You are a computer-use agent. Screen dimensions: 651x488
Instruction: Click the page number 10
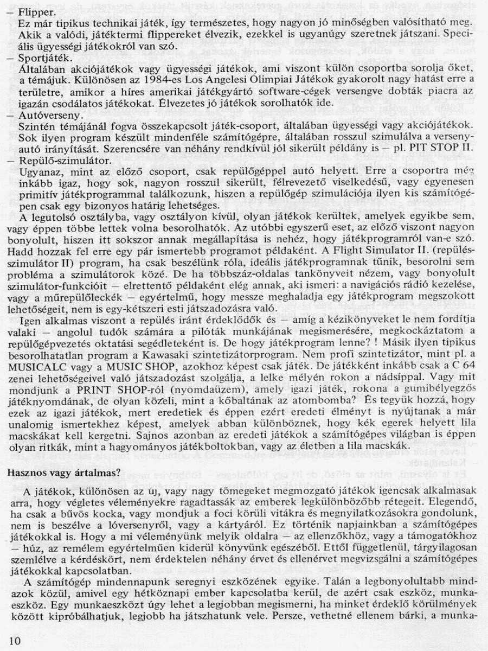pyautogui.click(x=15, y=641)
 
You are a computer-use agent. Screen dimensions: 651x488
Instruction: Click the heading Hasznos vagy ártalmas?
pyautogui.click(x=64, y=473)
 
